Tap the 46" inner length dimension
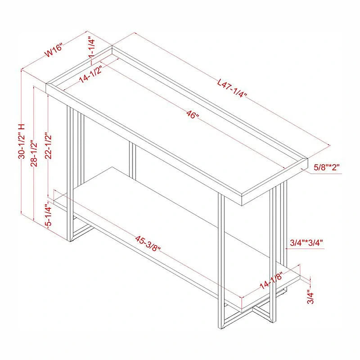(x=192, y=115)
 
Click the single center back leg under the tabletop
(x=132, y=160)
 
